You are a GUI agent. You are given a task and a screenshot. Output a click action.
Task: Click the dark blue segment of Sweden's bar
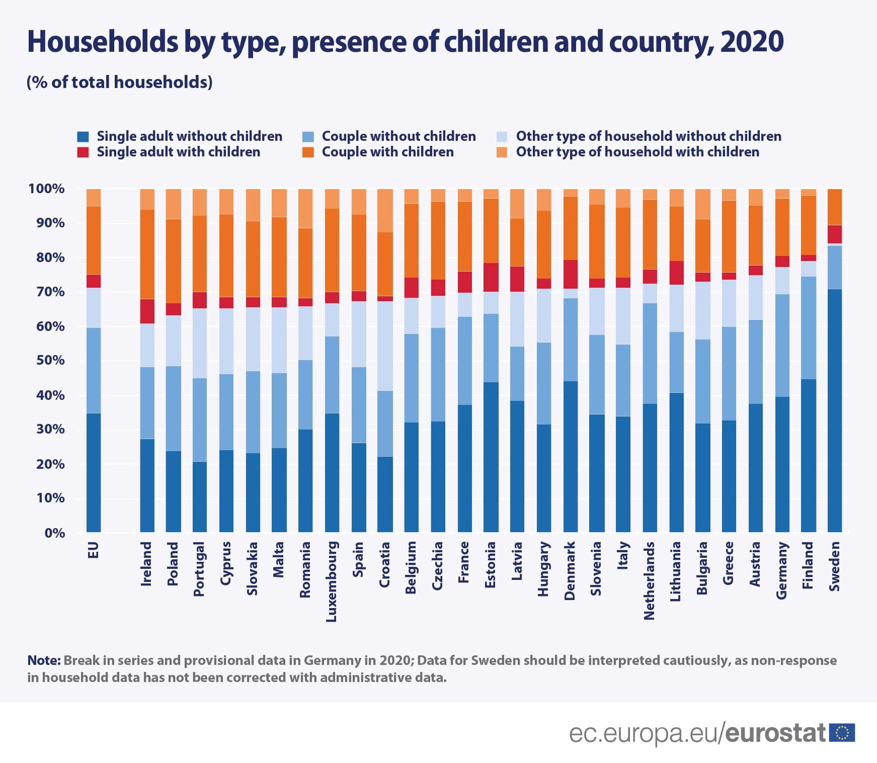click(834, 410)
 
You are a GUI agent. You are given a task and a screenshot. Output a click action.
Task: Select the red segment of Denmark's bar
click(571, 274)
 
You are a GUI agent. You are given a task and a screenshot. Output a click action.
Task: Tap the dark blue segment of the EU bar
click(94, 472)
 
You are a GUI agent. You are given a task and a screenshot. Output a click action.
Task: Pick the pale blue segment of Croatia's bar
click(385, 346)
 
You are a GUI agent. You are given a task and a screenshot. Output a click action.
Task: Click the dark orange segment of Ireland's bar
click(147, 254)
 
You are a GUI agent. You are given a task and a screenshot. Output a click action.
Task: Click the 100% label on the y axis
click(47, 189)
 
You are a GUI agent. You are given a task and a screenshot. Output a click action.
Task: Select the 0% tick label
click(54, 533)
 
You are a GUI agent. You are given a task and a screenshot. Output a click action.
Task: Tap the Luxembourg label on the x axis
click(332, 581)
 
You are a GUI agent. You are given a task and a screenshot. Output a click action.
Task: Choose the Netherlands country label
click(650, 580)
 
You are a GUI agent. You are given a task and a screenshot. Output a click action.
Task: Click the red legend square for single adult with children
click(83, 152)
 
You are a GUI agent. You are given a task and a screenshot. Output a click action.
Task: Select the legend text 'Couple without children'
click(398, 136)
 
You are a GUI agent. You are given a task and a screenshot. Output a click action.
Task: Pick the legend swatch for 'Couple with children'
click(308, 152)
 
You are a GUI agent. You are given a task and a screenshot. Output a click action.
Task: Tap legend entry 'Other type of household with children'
click(637, 152)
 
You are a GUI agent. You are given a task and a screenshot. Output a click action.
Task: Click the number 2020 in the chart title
click(752, 41)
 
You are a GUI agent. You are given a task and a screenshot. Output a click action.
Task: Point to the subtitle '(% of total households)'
click(120, 82)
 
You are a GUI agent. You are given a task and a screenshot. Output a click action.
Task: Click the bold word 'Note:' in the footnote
click(44, 660)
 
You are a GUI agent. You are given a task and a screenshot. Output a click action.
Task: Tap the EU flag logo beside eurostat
click(842, 733)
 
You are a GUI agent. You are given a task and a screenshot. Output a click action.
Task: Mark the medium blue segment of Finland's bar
click(808, 327)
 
